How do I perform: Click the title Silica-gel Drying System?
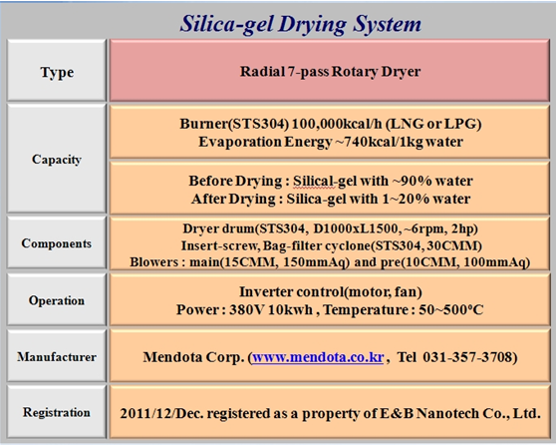click(x=301, y=25)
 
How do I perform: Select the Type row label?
click(x=57, y=72)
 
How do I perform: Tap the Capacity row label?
click(x=57, y=159)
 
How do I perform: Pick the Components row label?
click(x=57, y=243)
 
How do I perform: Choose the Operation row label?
click(x=57, y=300)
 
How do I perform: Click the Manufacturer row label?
click(x=57, y=356)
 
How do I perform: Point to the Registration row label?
click(x=57, y=413)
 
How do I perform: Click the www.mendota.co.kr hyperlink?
click(x=318, y=357)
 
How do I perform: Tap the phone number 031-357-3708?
click(x=467, y=356)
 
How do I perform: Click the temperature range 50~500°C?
click(x=451, y=309)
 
